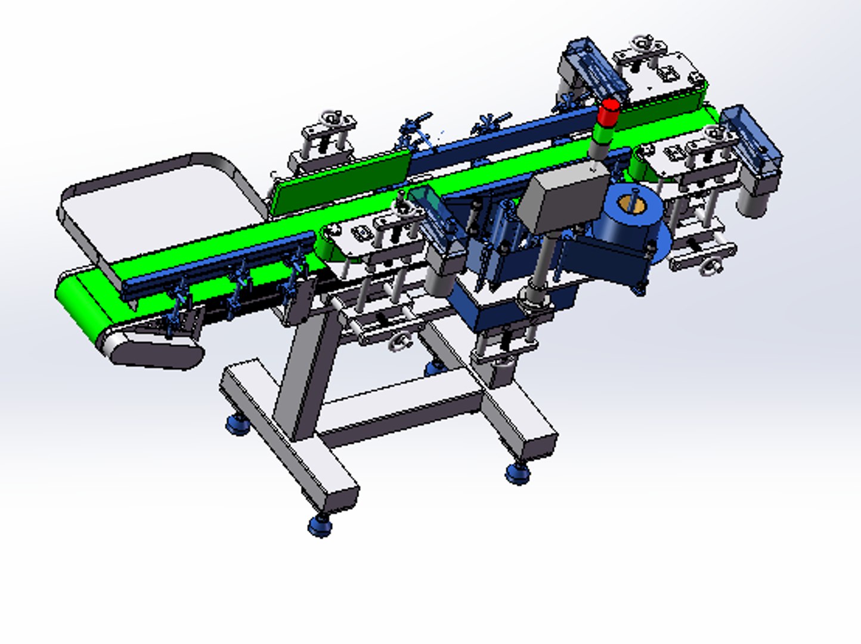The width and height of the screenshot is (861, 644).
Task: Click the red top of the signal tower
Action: pos(609,110)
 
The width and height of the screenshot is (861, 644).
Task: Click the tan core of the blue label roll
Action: pos(630,204)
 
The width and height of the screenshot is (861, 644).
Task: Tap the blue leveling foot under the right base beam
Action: pos(518,473)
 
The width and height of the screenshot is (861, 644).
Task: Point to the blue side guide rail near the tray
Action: pos(221,262)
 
